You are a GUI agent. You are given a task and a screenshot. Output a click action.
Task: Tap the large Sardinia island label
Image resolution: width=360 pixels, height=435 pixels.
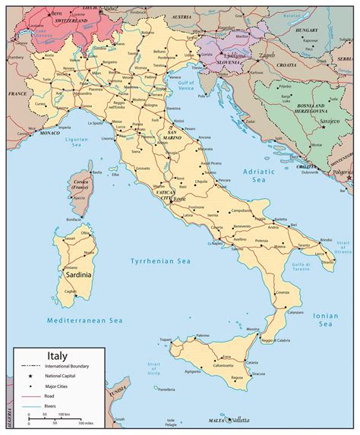coord(77,274)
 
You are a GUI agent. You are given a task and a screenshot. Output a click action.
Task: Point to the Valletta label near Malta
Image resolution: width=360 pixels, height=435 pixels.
coord(236,418)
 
